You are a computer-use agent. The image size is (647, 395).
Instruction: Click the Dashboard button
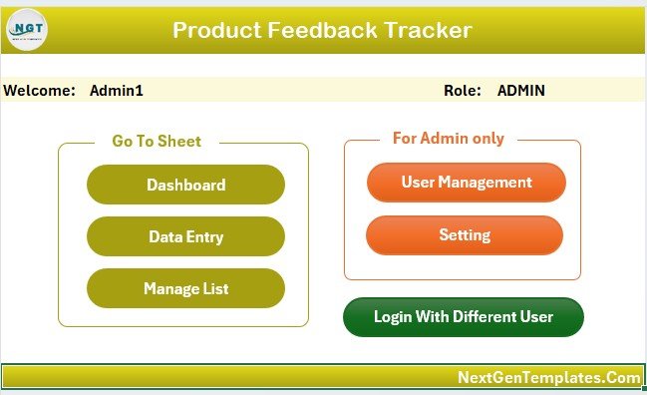pyautogui.click(x=185, y=185)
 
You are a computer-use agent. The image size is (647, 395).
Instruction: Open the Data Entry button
pyautogui.click(x=185, y=236)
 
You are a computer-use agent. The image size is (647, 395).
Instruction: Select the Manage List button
pyautogui.click(x=185, y=288)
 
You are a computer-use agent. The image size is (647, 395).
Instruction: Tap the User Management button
pyautogui.click(x=466, y=182)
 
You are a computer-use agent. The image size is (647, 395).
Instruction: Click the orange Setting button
pyautogui.click(x=465, y=235)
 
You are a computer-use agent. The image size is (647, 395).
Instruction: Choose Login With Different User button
pyautogui.click(x=463, y=317)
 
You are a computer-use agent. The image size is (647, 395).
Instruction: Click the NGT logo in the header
pyautogui.click(x=27, y=31)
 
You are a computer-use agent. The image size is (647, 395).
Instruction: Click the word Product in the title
pyautogui.click(x=215, y=30)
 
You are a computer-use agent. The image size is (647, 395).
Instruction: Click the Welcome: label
pyautogui.click(x=40, y=90)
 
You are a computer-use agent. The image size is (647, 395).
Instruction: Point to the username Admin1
pyautogui.click(x=117, y=90)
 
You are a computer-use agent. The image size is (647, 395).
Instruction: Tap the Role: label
pyautogui.click(x=463, y=90)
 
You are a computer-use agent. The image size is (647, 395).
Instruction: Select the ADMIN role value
pyautogui.click(x=520, y=90)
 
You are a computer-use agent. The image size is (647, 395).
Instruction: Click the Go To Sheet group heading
pyautogui.click(x=157, y=142)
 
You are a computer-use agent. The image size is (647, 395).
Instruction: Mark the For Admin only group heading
pyautogui.click(x=448, y=139)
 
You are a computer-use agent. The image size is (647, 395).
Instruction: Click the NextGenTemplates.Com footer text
pyautogui.click(x=548, y=377)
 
